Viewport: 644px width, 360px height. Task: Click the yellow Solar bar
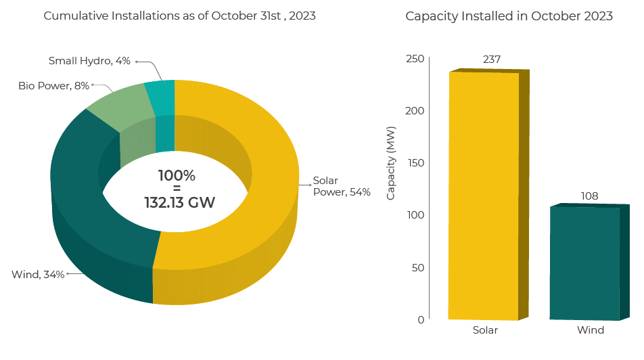[x=483, y=196]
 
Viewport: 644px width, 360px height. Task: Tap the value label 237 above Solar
[x=492, y=60]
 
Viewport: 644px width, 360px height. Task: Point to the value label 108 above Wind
[x=589, y=196]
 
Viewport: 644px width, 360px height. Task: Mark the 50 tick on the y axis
[x=419, y=267]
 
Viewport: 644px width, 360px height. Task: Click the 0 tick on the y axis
[x=421, y=319]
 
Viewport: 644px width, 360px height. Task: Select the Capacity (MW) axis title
[x=391, y=163]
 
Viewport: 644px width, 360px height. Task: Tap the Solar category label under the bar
[x=485, y=330]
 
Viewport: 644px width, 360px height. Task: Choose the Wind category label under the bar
[x=590, y=330]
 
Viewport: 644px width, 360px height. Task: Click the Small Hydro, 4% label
[x=89, y=61]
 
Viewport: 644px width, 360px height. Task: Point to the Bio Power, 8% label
[x=53, y=86]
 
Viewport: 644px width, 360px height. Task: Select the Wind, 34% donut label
[x=38, y=274]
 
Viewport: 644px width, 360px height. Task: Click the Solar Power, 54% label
[x=341, y=186]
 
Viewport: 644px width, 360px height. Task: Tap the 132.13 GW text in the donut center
[x=179, y=202]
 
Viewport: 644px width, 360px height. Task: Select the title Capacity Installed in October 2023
[x=509, y=16]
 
